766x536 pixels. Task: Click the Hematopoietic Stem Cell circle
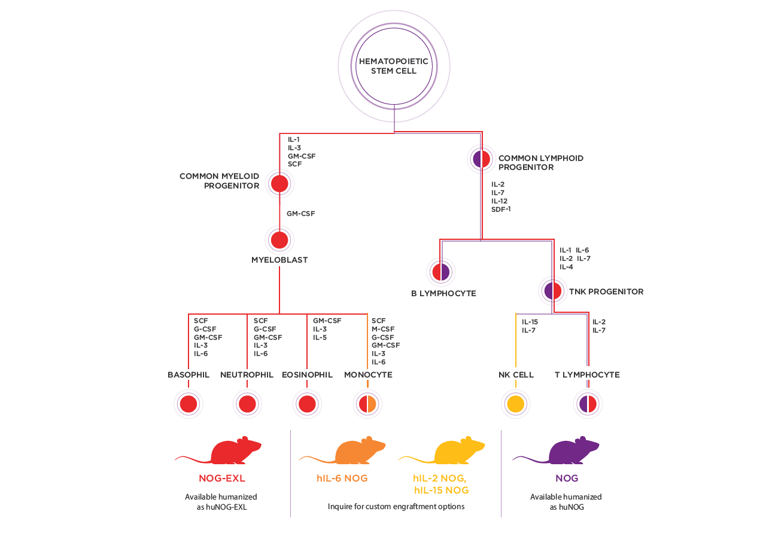click(x=394, y=66)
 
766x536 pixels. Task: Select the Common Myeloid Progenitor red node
click(x=279, y=183)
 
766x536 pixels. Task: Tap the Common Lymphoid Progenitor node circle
click(x=482, y=159)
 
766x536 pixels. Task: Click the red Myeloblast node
click(x=279, y=240)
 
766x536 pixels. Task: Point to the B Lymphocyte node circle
click(x=440, y=272)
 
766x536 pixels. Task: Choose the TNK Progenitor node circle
click(x=552, y=291)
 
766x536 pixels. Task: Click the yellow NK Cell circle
click(x=515, y=404)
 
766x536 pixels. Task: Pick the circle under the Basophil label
click(x=189, y=404)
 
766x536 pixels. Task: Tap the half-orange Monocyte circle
click(x=367, y=404)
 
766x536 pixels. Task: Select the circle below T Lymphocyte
click(x=588, y=404)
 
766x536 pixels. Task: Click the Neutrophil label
click(x=247, y=375)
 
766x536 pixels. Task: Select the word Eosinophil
click(x=307, y=375)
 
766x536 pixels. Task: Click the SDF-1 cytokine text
click(x=501, y=209)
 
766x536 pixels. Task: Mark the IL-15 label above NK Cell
click(x=530, y=322)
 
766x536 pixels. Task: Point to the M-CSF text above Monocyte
click(x=383, y=329)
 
